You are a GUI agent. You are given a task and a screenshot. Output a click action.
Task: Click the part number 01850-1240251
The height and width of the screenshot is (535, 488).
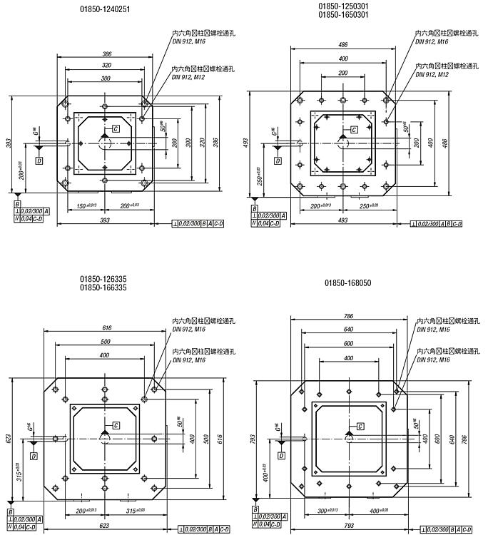pyautogui.click(x=106, y=9)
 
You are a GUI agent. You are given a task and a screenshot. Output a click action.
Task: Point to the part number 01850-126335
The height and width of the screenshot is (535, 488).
pyautogui.click(x=103, y=279)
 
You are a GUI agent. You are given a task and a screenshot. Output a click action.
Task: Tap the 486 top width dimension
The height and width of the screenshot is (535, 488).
pyautogui.click(x=343, y=44)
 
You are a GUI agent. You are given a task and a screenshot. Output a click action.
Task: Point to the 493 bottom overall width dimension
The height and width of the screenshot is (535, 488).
pyautogui.click(x=342, y=220)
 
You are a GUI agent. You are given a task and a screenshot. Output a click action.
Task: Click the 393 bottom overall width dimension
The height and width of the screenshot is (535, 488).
pyautogui.click(x=105, y=220)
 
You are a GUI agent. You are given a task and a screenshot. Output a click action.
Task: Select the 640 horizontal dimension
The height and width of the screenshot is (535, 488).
pyautogui.click(x=348, y=330)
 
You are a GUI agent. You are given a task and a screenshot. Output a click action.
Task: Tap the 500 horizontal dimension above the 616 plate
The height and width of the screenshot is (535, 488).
pyautogui.click(x=105, y=341)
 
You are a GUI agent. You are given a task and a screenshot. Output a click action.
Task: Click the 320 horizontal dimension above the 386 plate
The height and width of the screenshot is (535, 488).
pyautogui.click(x=106, y=64)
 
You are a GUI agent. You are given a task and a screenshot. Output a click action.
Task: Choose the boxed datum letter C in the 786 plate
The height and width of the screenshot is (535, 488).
pyautogui.click(x=360, y=427)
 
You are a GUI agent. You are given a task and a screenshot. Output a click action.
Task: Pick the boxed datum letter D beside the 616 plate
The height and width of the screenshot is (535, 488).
pyautogui.click(x=34, y=454)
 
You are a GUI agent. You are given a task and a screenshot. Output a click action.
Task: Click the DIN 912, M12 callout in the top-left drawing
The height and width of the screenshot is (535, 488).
pyautogui.click(x=188, y=76)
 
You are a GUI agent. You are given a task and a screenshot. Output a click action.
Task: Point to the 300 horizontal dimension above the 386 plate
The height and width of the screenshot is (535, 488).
pyautogui.click(x=106, y=78)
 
